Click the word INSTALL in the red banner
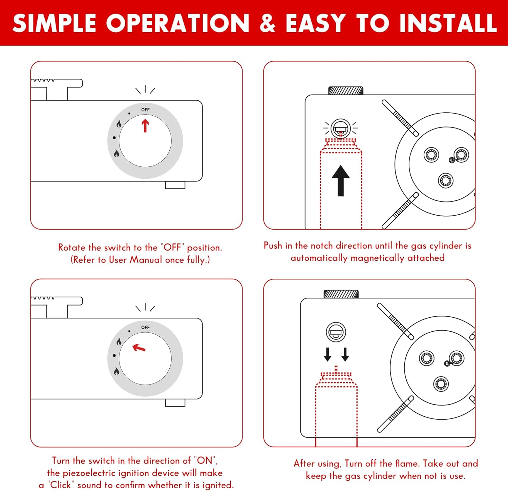(447, 23)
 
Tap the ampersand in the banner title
(268, 23)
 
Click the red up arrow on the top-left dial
(145, 125)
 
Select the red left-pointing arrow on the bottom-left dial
(139, 348)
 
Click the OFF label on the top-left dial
(145, 110)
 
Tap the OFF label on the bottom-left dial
(145, 327)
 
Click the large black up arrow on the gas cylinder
(341, 181)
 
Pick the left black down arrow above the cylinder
(327, 354)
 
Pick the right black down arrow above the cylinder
(345, 354)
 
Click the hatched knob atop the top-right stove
(346, 91)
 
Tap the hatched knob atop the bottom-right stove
(341, 294)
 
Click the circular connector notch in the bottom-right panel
(336, 332)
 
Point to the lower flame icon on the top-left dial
(117, 153)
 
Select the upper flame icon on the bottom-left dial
(119, 341)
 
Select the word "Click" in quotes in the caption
(61, 485)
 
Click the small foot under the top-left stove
(175, 185)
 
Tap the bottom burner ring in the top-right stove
(446, 180)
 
